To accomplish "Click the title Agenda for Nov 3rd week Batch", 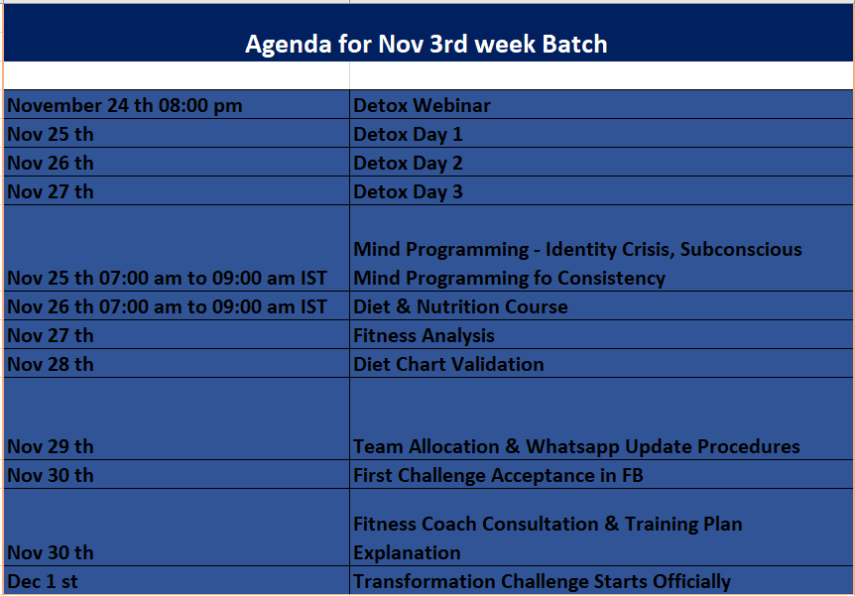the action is [426, 45].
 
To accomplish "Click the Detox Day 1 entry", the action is [408, 134].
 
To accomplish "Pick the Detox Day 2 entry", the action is [408, 163].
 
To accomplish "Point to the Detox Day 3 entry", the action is [408, 192].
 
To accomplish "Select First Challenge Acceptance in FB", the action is [498, 475].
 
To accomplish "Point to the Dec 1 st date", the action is [43, 581].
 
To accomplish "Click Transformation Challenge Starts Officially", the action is [542, 581].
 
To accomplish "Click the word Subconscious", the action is [741, 249].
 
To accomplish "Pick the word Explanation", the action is [407, 553].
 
